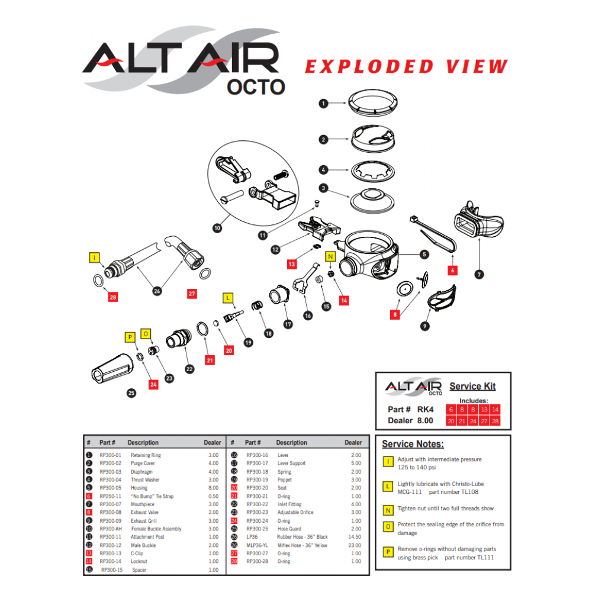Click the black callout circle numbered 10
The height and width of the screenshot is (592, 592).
click(x=217, y=227)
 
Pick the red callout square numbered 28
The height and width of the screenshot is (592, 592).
click(x=113, y=297)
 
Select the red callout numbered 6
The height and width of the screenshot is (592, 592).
click(x=453, y=269)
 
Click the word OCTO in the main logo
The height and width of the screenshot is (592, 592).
click(x=256, y=86)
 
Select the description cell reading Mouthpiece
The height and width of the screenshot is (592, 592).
click(x=143, y=504)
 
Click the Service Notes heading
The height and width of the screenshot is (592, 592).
click(x=413, y=444)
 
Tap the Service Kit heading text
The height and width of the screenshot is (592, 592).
click(x=472, y=386)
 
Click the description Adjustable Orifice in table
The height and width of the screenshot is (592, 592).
click(x=295, y=512)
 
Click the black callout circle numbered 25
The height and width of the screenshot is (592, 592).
click(x=131, y=392)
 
